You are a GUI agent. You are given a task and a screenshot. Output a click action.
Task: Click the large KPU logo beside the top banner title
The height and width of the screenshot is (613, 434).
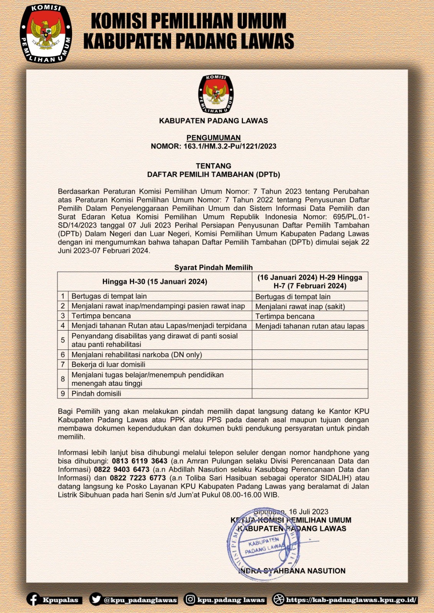(46, 34)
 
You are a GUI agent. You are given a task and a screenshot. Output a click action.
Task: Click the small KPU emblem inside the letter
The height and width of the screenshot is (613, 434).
(216, 94)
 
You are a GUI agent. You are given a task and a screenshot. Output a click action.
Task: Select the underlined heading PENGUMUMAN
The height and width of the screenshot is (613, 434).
(213, 138)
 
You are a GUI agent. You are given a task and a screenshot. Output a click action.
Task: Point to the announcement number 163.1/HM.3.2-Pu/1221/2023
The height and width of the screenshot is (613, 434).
(230, 146)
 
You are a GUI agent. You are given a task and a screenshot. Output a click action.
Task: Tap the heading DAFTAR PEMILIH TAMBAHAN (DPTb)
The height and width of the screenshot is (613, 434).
(213, 174)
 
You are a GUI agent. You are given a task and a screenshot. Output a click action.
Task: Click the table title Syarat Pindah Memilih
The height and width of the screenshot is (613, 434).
(213, 267)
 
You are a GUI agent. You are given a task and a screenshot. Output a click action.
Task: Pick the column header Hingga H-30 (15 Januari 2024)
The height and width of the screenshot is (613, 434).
(155, 282)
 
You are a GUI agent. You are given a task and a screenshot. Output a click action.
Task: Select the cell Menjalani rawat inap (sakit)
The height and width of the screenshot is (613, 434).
(300, 306)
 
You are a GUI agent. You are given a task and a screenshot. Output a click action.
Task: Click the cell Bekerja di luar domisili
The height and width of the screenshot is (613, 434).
(108, 364)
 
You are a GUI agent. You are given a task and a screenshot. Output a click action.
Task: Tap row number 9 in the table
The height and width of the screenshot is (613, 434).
(63, 393)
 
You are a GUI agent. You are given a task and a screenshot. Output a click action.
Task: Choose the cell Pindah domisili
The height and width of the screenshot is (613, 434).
(96, 393)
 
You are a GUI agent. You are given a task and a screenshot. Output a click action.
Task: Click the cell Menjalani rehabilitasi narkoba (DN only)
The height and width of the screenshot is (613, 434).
(137, 354)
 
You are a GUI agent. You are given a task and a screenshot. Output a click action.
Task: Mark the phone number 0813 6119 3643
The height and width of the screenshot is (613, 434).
(140, 461)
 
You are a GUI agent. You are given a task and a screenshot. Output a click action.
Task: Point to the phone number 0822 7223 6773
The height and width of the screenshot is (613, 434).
(138, 478)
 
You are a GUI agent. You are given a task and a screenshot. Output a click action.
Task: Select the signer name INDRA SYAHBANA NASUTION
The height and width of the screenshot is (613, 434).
(292, 571)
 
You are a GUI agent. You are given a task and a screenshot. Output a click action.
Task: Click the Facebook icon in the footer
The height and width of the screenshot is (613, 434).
(33, 600)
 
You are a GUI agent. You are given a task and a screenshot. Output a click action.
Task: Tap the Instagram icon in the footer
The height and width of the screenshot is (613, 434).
(190, 600)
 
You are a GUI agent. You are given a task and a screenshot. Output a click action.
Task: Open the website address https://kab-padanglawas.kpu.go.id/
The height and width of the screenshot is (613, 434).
(351, 600)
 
